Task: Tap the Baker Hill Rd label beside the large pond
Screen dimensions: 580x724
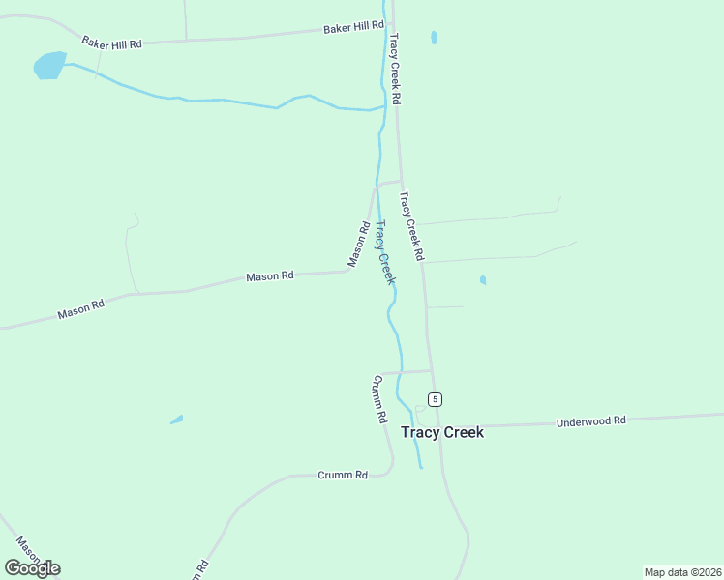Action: tap(111, 43)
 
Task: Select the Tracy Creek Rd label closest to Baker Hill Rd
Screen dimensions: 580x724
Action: tap(395, 69)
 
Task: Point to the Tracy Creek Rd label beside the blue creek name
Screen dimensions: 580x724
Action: tap(412, 226)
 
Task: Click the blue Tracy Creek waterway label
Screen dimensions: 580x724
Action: tap(384, 252)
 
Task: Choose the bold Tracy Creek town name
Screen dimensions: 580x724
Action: tap(442, 432)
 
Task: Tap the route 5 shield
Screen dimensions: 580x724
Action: tap(436, 399)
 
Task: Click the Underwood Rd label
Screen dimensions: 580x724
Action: tap(591, 421)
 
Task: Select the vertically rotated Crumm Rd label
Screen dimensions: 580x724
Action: tap(378, 399)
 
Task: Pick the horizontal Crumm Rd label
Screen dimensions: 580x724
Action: tap(343, 475)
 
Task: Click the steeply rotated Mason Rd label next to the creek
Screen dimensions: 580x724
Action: tap(357, 245)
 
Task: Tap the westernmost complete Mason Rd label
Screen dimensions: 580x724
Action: tap(80, 308)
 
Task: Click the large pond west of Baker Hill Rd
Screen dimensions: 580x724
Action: tap(49, 65)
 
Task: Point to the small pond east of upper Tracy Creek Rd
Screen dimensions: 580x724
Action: tap(434, 38)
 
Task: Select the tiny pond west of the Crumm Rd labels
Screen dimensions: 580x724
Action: tap(176, 420)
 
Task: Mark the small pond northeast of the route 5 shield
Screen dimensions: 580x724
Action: tap(482, 280)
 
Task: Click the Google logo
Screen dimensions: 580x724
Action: tap(32, 567)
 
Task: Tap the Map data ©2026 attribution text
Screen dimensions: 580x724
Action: tap(683, 572)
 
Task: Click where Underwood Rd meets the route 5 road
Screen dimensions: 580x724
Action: tap(440, 426)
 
